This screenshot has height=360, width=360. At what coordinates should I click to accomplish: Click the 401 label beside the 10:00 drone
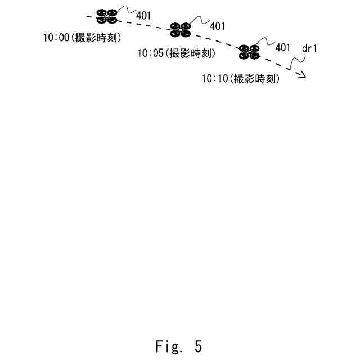coord(143,15)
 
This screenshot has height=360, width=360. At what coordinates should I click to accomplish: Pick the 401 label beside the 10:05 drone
coord(217,26)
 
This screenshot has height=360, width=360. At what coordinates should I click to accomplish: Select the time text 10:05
coord(150,54)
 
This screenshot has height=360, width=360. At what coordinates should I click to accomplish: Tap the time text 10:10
coord(214,79)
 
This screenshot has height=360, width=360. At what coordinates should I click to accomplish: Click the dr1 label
coord(310,49)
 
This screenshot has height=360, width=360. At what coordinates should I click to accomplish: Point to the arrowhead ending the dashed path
coord(303,75)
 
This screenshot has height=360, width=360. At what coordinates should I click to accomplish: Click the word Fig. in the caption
coord(167,346)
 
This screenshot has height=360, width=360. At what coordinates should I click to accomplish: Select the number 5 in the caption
coord(198,346)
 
